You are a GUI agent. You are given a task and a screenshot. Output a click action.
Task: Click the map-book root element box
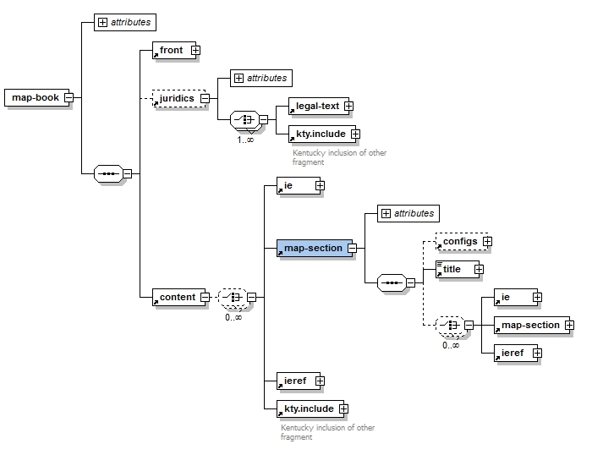tap(35, 97)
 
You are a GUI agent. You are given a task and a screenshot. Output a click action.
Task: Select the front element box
tap(171, 50)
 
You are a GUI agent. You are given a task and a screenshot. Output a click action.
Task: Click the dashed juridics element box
tap(176, 98)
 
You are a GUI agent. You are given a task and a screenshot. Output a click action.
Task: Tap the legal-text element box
tap(315, 106)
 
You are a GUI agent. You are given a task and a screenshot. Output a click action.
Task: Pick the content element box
tap(175, 297)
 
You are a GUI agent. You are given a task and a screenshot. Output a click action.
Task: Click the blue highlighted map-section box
tap(312, 248)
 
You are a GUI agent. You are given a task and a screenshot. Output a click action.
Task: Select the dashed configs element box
tap(459, 241)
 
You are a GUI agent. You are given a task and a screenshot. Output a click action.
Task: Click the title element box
tap(454, 269)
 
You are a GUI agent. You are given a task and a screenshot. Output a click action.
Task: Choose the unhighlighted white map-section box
tap(529, 325)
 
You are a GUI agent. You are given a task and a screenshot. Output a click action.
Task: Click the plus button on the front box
tap(195, 50)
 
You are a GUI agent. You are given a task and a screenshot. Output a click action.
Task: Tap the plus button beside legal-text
tap(348, 106)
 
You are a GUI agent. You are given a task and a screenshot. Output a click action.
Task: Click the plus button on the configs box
tap(487, 241)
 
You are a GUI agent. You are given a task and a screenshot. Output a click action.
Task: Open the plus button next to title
tap(479, 269)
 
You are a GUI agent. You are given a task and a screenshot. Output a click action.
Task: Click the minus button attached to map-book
tap(69, 97)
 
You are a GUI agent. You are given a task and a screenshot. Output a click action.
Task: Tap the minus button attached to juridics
tap(206, 98)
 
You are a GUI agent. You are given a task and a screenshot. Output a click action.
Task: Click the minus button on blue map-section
tap(352, 248)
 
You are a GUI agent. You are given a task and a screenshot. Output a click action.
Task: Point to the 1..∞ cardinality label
tap(245, 139)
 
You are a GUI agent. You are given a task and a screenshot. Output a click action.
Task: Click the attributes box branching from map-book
tap(125, 22)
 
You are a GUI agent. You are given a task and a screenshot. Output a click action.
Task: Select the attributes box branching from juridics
tap(261, 78)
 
